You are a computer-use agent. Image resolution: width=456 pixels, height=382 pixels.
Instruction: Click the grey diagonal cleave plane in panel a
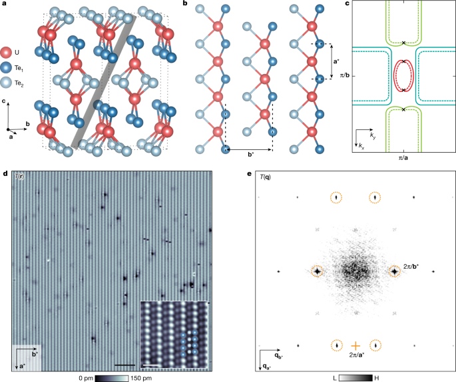coord(103,83)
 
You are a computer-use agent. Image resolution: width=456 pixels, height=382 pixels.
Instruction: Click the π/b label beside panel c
coord(345,74)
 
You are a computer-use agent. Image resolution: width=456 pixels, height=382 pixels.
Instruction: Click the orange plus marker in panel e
coord(356,345)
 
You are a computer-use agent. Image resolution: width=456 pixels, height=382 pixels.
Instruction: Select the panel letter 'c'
coord(349,6)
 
